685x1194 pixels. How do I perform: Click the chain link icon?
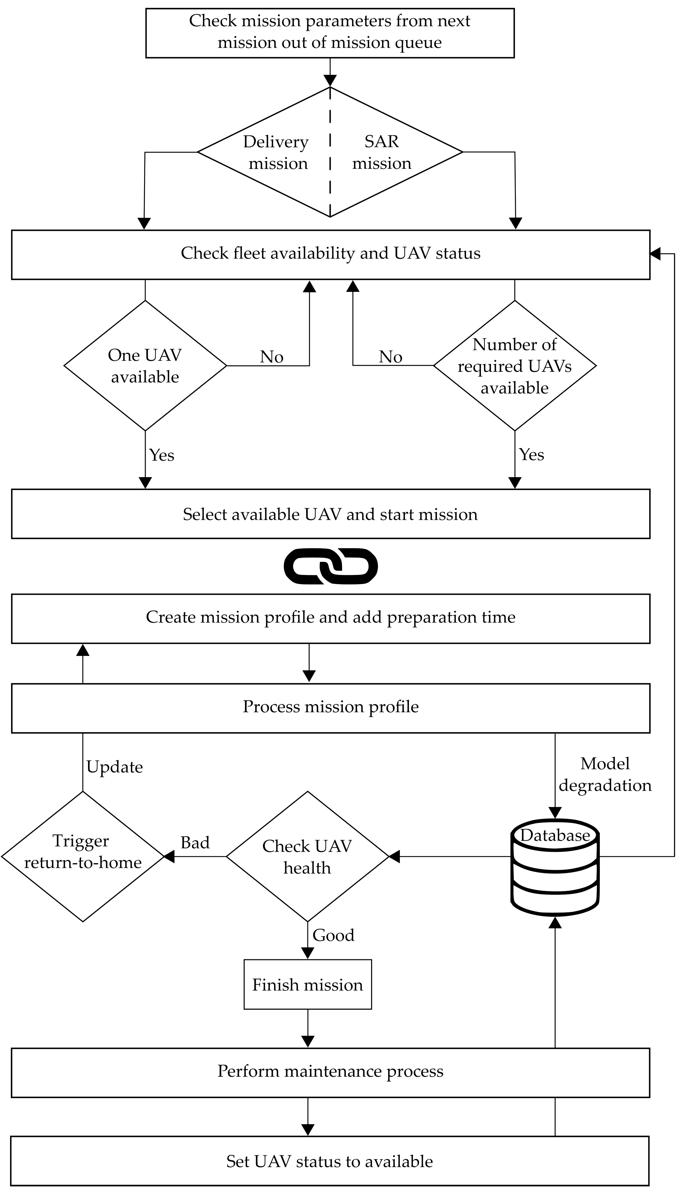click(331, 566)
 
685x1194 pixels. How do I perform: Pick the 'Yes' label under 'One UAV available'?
click(162, 455)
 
